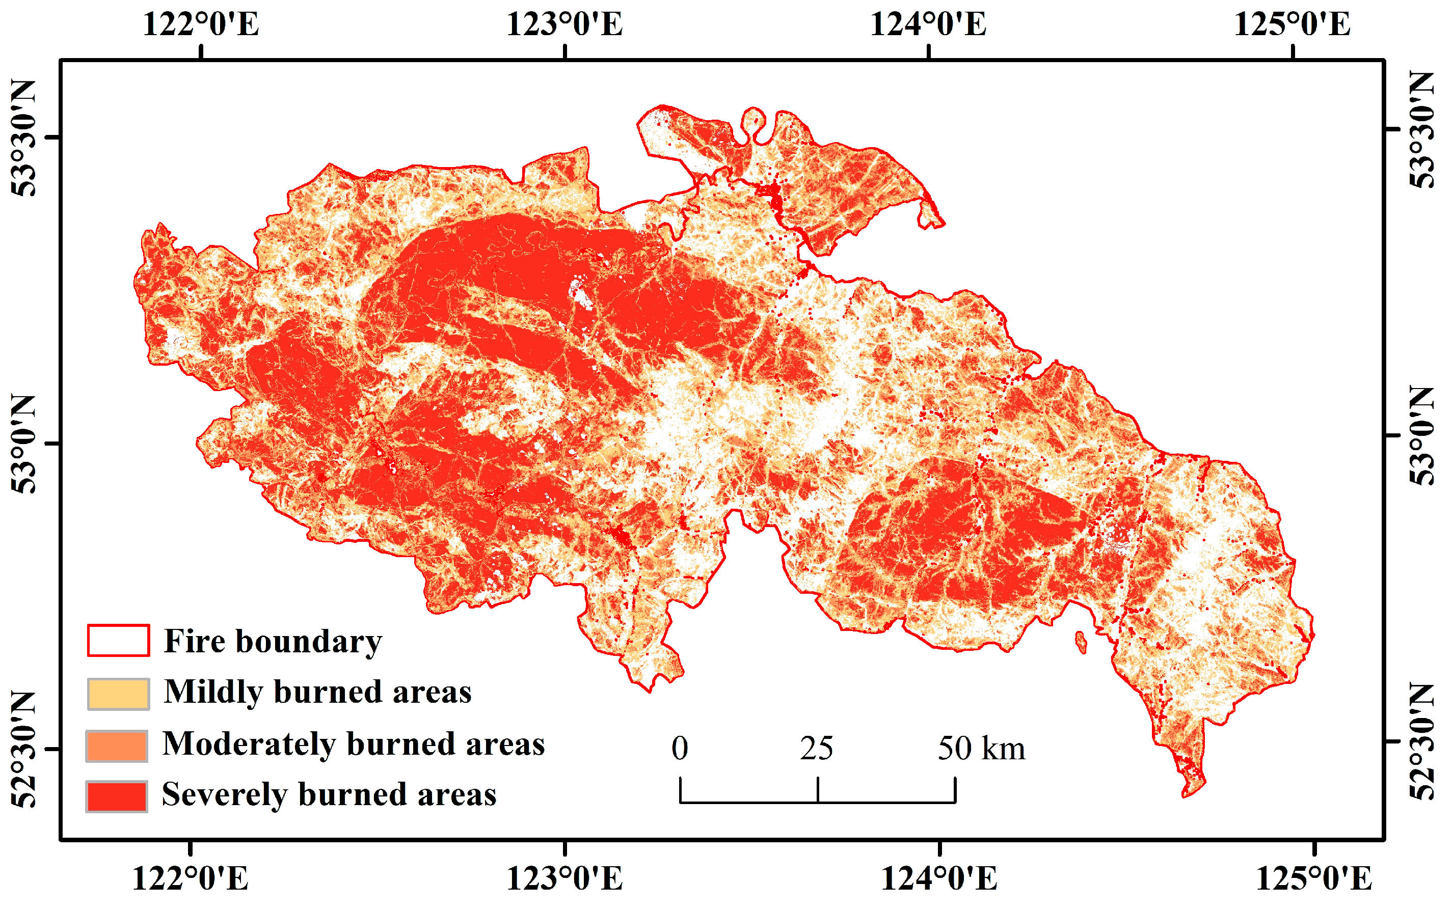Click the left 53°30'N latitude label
(24, 138)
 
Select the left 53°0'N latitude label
(24, 444)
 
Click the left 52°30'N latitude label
(24, 749)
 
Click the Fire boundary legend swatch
(118, 641)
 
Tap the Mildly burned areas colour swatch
(118, 694)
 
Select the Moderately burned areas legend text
(354, 744)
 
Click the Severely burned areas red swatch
(117, 796)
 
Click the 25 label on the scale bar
(817, 748)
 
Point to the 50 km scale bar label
(981, 748)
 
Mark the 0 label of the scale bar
(680, 748)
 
